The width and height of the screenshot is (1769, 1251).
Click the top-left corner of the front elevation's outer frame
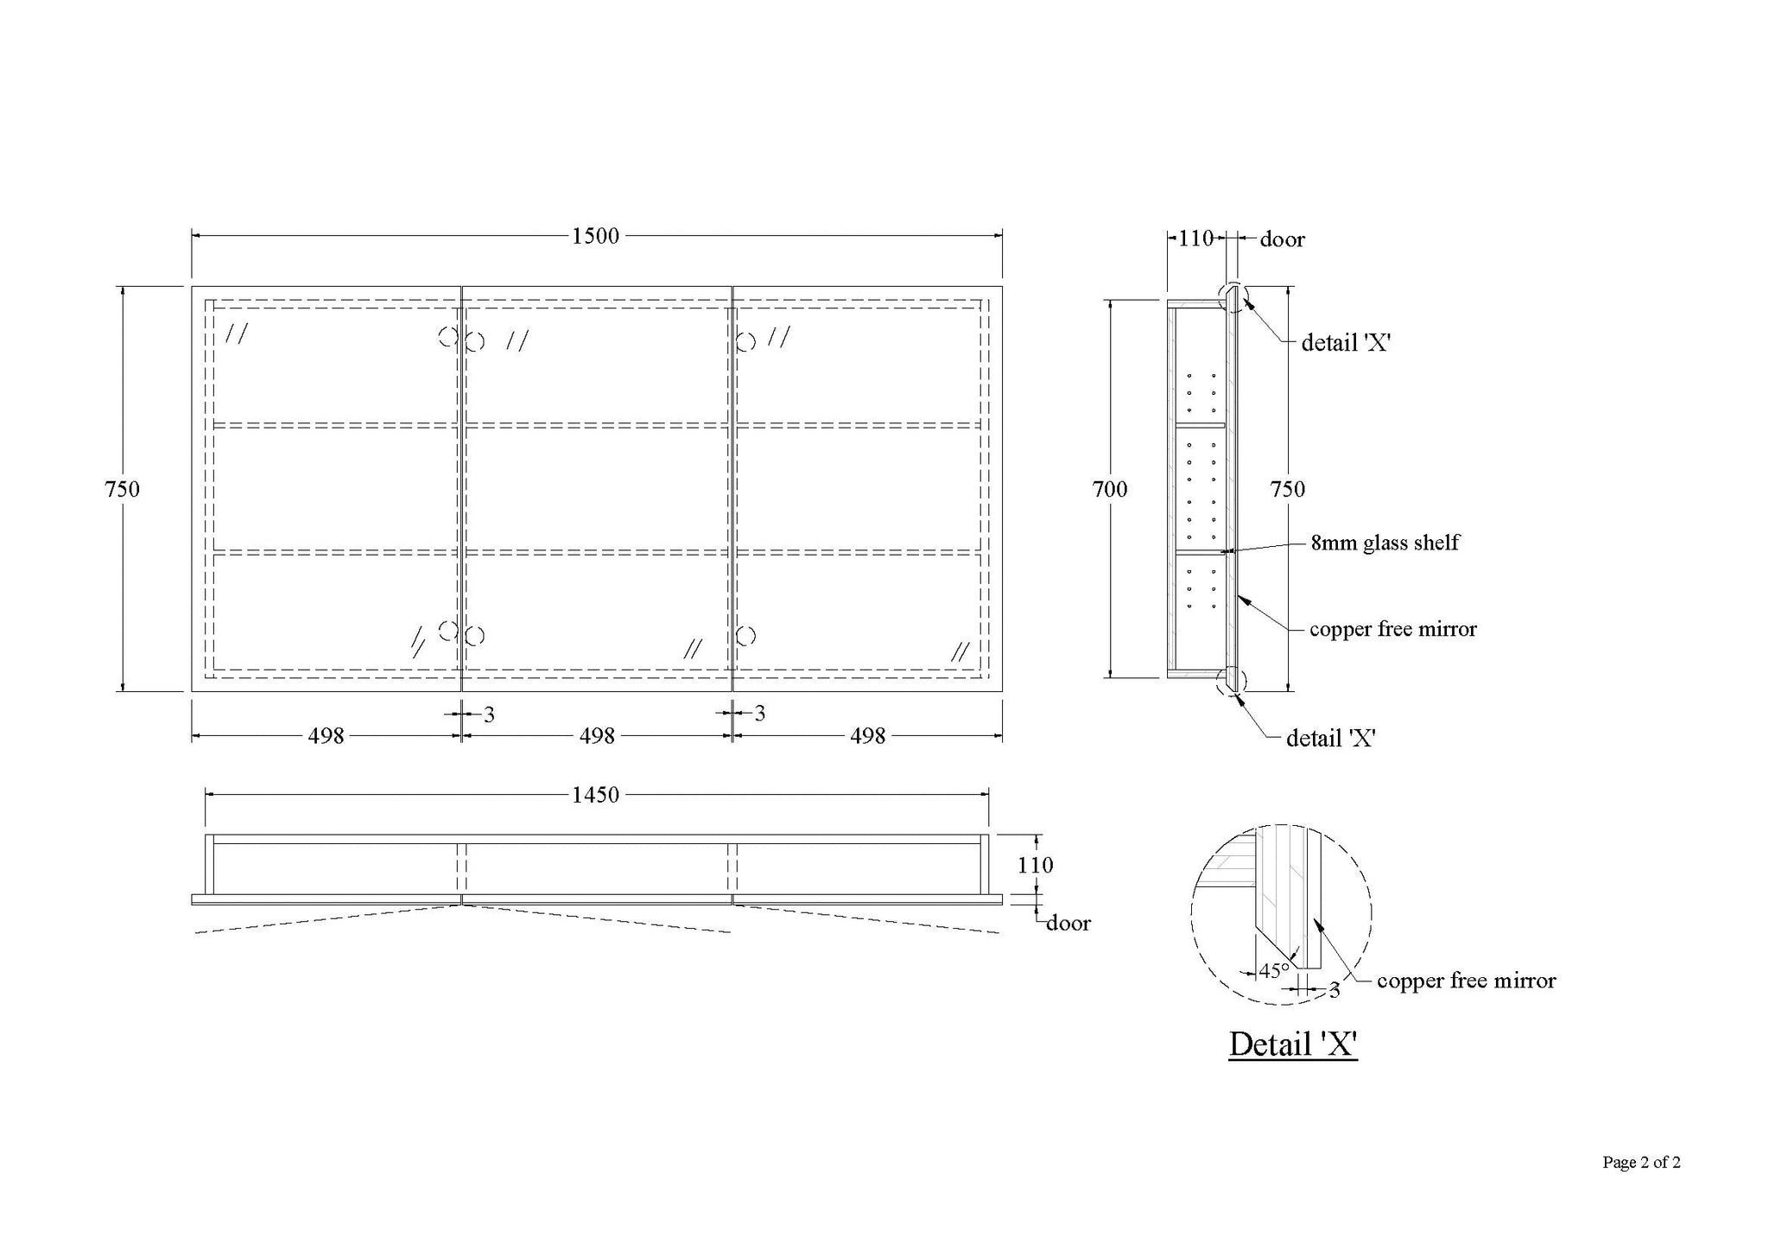pos(192,286)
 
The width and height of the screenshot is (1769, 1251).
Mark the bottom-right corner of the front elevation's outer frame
pos(1002,691)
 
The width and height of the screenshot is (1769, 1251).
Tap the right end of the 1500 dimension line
pos(1002,235)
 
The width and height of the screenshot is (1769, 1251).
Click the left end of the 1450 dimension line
pos(206,794)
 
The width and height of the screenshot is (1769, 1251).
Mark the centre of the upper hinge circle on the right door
pos(746,341)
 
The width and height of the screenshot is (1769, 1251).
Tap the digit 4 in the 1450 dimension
pos(585,794)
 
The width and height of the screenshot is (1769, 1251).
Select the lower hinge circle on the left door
pos(447,630)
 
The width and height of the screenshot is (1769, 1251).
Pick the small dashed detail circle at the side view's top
pos(1233,297)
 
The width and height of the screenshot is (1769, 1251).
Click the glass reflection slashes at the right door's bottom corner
pos(960,651)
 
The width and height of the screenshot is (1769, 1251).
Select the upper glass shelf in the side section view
pos(1200,425)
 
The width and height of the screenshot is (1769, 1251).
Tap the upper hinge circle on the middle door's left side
pos(474,341)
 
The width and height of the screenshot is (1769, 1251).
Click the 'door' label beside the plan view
pos(1068,924)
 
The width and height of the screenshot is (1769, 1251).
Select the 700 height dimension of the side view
pos(1110,489)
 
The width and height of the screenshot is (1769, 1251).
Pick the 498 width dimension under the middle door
pos(597,736)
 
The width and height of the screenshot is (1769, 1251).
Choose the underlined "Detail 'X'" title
pos(1293,1045)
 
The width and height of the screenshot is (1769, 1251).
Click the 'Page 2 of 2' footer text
pos(1641,1163)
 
